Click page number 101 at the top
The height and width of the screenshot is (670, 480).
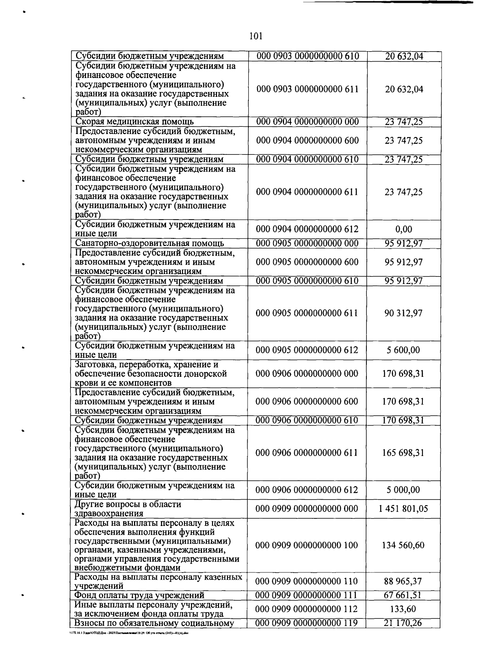pos(255,36)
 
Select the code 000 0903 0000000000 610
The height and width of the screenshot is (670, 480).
pos(307,56)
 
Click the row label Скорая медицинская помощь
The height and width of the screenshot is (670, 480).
pos(135,122)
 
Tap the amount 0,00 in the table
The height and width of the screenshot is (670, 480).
pos(404,229)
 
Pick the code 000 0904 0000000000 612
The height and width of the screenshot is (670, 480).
pos(307,229)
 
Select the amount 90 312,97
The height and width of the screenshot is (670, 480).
pos(404,313)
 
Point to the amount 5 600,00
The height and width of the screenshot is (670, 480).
pos(404,350)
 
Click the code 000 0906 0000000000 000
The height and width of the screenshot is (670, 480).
pos(307,374)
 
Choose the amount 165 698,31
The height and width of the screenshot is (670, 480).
pos(403,453)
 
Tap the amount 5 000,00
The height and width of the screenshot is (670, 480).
pos(403,490)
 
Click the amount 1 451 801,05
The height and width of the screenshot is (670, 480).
pos(403,509)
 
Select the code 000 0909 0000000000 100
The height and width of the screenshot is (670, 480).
pos(307,545)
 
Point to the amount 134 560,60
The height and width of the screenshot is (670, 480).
pos(403,545)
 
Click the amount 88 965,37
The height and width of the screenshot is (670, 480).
pos(403,581)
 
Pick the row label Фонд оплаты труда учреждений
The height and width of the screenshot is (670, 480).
pos(140,595)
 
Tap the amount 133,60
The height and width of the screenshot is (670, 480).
pos(403,609)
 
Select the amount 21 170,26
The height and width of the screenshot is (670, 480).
pos(403,623)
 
